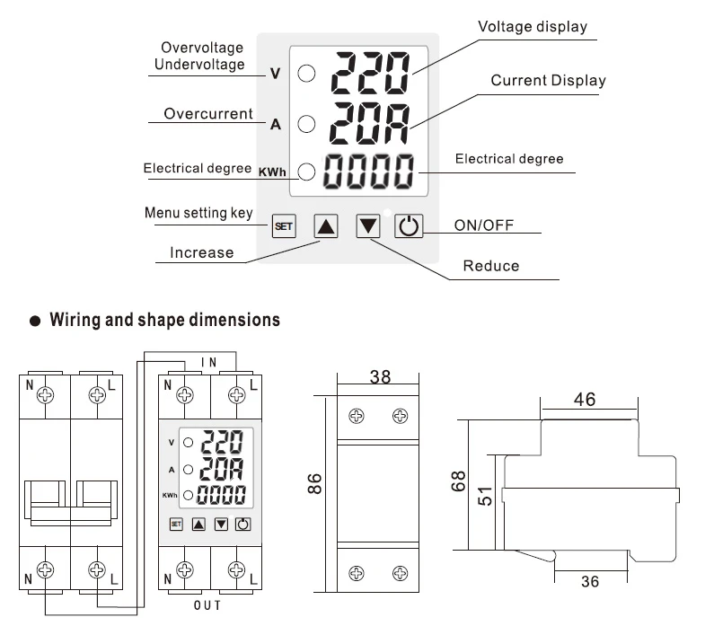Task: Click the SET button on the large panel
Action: coord(283,226)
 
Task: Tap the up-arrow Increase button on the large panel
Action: coord(327,226)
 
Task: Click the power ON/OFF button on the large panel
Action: coord(409,226)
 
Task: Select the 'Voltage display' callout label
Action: coord(532,27)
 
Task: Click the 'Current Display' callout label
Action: coord(548,81)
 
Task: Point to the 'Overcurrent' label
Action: coord(209,114)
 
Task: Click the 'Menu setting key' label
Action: coord(198,213)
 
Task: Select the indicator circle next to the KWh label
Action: coord(306,171)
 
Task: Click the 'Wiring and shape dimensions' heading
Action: coord(164,319)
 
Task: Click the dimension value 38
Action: coord(380,377)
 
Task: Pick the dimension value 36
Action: coord(589,581)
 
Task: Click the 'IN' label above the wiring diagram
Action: coord(207,362)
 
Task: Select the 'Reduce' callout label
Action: coord(490,266)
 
